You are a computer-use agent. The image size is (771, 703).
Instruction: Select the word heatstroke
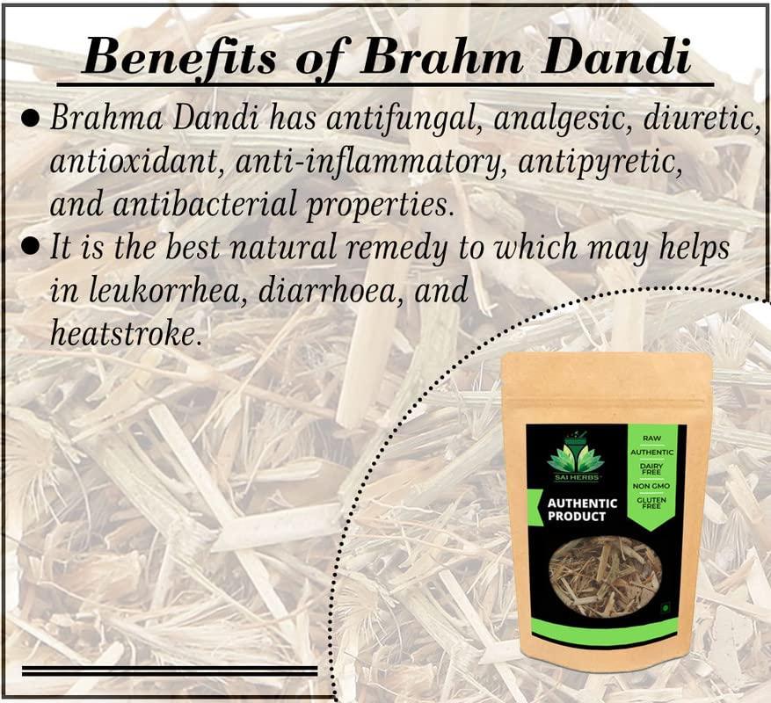(x=122, y=333)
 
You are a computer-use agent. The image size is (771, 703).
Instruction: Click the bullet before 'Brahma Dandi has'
(x=29, y=120)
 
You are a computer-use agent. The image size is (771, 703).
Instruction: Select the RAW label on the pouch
(x=651, y=437)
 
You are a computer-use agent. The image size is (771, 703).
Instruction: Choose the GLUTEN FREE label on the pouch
(x=651, y=504)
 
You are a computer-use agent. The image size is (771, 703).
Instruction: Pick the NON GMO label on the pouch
(x=651, y=485)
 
